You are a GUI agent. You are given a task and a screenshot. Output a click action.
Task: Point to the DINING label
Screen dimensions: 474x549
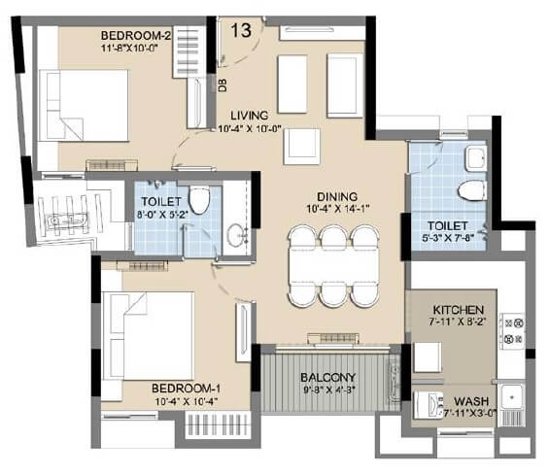[336, 194]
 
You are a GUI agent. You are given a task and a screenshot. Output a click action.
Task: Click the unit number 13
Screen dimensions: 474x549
[241, 28]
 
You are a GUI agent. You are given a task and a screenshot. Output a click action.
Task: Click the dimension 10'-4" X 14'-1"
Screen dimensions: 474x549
[336, 207]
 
